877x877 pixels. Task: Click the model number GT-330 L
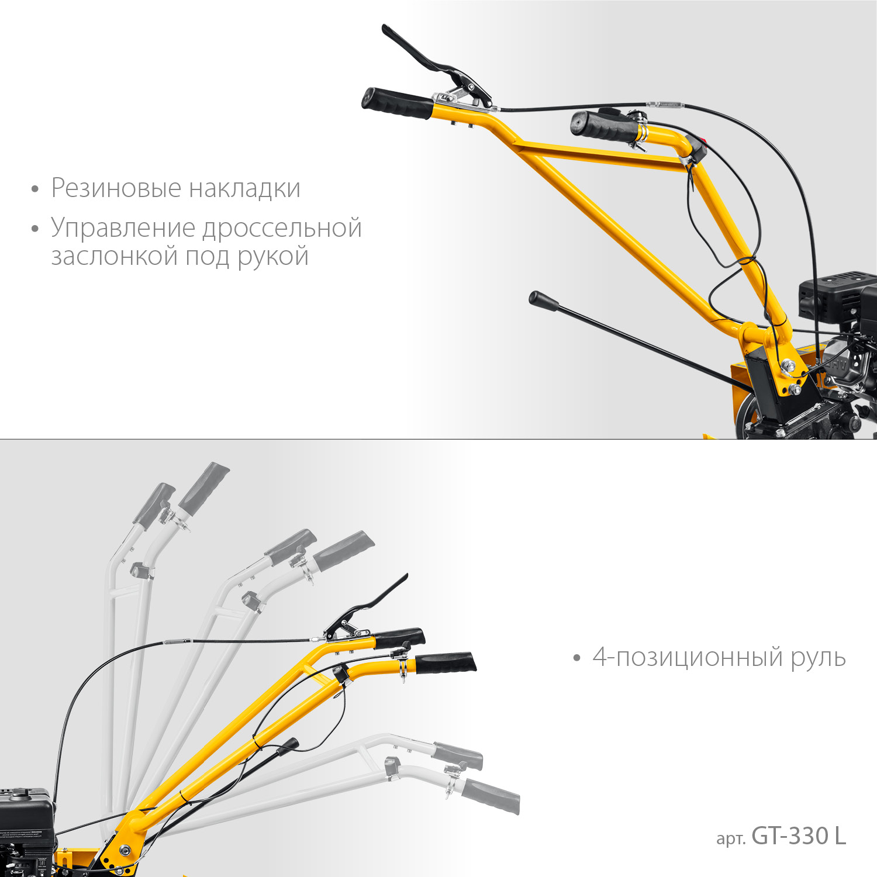[x=798, y=836]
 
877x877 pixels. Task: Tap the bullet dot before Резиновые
[x=35, y=189]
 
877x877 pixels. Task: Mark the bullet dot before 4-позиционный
[x=577, y=658]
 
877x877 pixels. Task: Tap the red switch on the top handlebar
[x=703, y=141]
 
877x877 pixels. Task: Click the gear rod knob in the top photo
[x=543, y=301]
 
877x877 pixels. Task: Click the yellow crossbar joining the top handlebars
[x=602, y=155]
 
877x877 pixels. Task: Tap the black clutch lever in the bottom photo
[x=374, y=602]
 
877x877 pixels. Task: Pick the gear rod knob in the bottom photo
[x=288, y=745]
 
